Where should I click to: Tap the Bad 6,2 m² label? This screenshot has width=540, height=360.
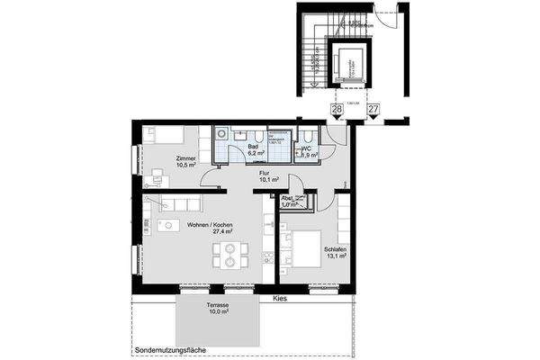(241, 150)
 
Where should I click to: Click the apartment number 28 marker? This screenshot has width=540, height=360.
(337, 109)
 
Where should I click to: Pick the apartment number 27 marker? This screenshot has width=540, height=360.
(373, 109)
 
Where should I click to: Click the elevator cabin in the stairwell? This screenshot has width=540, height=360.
(347, 63)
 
